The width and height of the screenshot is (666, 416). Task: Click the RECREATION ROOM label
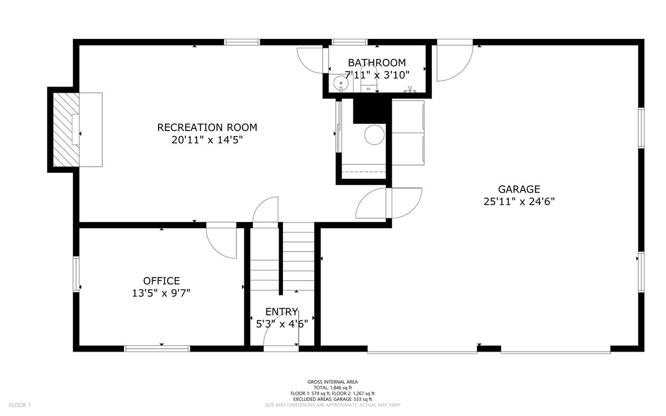pyautogui.click(x=207, y=127)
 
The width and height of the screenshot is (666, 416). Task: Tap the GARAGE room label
pyautogui.click(x=519, y=189)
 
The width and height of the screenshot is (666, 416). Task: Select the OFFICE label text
pyautogui.click(x=161, y=281)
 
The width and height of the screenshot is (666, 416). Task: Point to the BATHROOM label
pyautogui.click(x=376, y=63)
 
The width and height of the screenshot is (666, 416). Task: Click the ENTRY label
pyautogui.click(x=281, y=312)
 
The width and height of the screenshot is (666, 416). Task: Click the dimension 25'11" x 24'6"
pyautogui.click(x=519, y=202)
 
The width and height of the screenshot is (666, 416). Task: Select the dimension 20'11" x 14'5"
pyautogui.click(x=207, y=141)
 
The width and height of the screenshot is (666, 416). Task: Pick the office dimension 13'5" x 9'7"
pyautogui.click(x=161, y=294)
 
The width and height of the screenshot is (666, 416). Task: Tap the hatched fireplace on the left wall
pyautogui.click(x=65, y=129)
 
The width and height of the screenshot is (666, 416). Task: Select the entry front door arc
pyautogui.click(x=281, y=333)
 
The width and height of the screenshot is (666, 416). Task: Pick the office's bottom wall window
pyautogui.click(x=157, y=349)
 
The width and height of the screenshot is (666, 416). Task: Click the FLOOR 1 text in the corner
pyautogui.click(x=19, y=405)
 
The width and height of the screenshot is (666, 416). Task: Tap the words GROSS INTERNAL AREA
pyautogui.click(x=332, y=382)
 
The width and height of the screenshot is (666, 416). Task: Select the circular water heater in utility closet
pyautogui.click(x=374, y=135)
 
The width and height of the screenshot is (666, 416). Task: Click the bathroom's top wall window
pyautogui.click(x=349, y=42)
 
